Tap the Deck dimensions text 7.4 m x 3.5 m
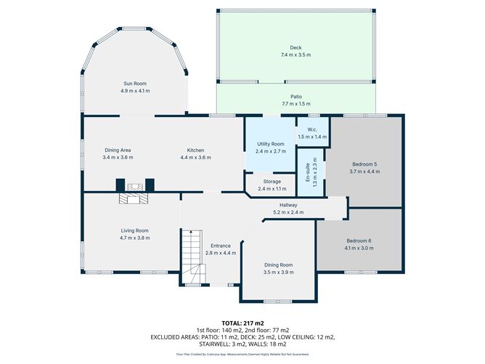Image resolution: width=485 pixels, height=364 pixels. coord(296,55)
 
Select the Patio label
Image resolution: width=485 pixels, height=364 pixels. coord(296,97)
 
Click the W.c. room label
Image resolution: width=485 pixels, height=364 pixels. coord(311,131)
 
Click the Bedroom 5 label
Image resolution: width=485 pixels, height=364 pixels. coord(363,164)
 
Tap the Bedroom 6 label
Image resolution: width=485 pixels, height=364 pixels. coord(359,241)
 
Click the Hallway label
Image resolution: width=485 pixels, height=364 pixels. coord(288,206)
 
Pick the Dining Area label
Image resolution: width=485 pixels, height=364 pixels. coord(117,150)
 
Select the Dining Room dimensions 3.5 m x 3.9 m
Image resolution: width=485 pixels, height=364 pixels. coord(279,272)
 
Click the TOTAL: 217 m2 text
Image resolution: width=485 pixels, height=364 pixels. coord(242,322)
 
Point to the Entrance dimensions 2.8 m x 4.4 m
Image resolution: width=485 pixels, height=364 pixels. coord(221,253)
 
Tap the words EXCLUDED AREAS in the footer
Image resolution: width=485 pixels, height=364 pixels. coord(175,337)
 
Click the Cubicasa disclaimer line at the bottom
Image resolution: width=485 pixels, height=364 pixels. coord(242,354)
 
